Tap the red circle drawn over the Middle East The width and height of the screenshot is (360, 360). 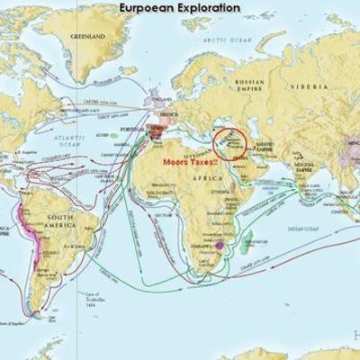228,145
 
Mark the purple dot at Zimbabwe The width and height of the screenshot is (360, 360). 219,243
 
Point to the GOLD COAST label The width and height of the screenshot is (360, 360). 160,192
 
